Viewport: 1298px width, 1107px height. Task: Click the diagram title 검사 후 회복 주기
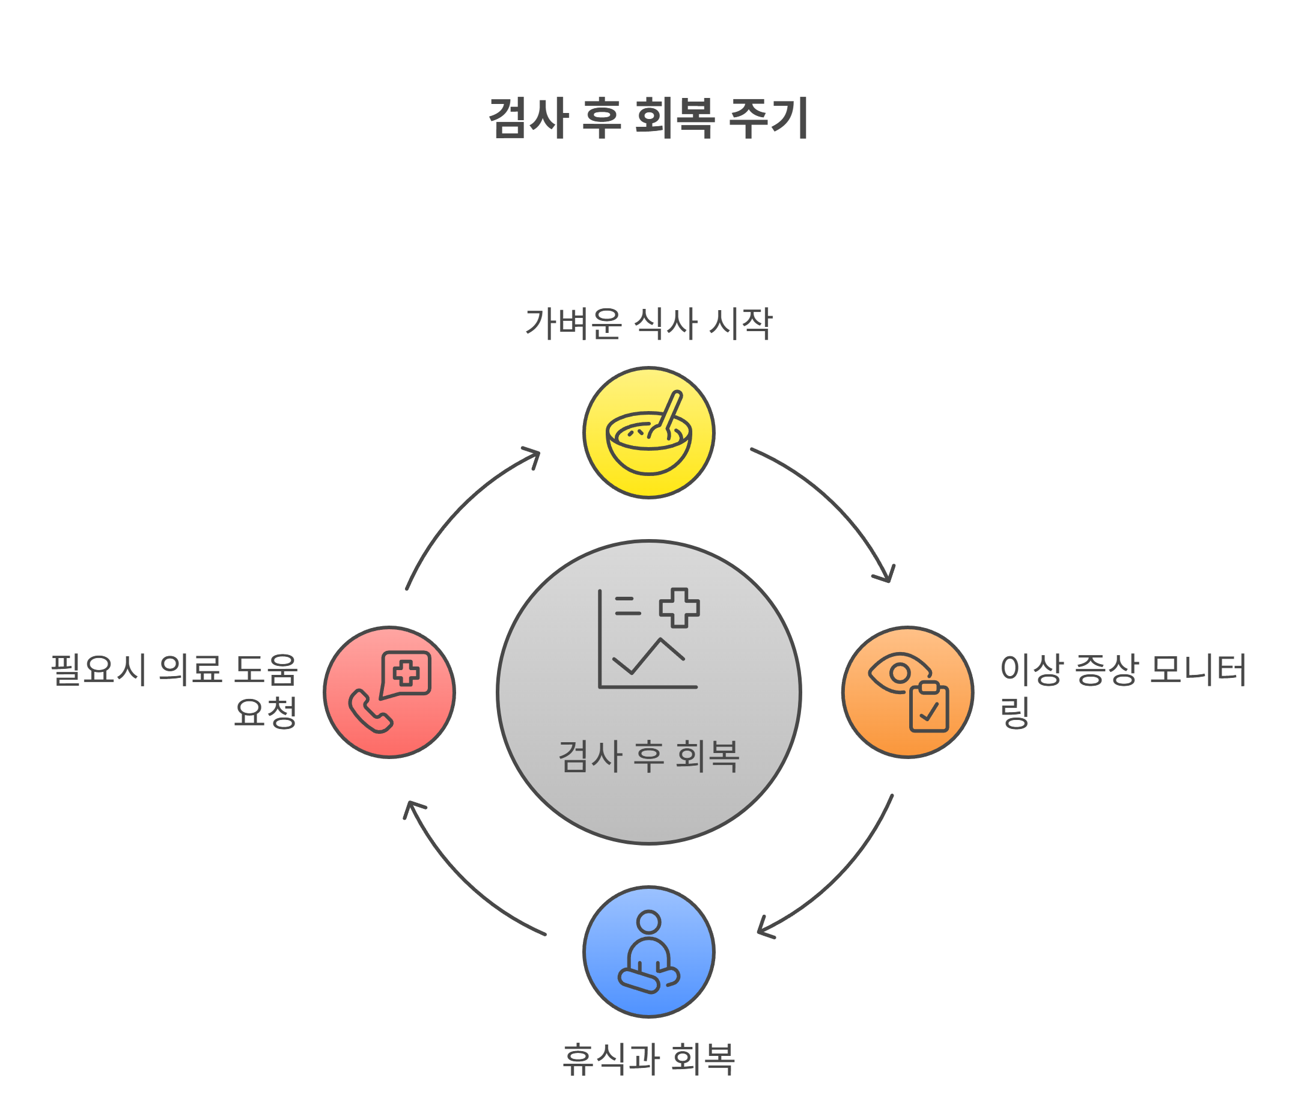(x=648, y=118)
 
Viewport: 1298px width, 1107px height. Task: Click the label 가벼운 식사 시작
(x=648, y=324)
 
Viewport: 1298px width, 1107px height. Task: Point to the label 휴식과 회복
(x=648, y=1060)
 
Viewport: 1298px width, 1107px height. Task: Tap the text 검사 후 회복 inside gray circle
(x=648, y=756)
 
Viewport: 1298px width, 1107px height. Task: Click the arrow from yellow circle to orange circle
(x=833, y=501)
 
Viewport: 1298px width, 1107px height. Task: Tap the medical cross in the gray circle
(x=679, y=608)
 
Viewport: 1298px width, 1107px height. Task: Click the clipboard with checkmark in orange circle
(x=928, y=707)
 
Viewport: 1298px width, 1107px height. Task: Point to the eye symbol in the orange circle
(x=899, y=674)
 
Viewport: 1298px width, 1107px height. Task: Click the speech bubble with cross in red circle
(x=406, y=674)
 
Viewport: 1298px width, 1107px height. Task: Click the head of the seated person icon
(x=648, y=922)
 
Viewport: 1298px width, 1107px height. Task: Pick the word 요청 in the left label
(x=265, y=712)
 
